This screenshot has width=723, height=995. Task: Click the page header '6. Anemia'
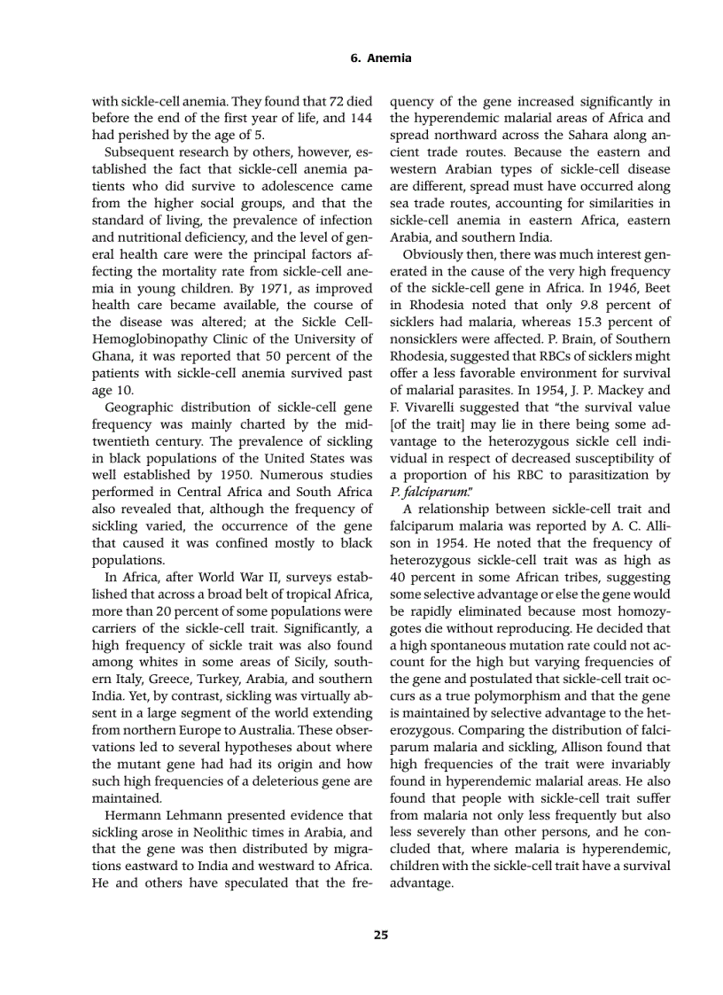point(381,58)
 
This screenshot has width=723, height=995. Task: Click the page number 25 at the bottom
point(381,934)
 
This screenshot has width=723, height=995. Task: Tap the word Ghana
point(112,355)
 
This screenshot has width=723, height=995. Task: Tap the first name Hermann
point(133,814)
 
